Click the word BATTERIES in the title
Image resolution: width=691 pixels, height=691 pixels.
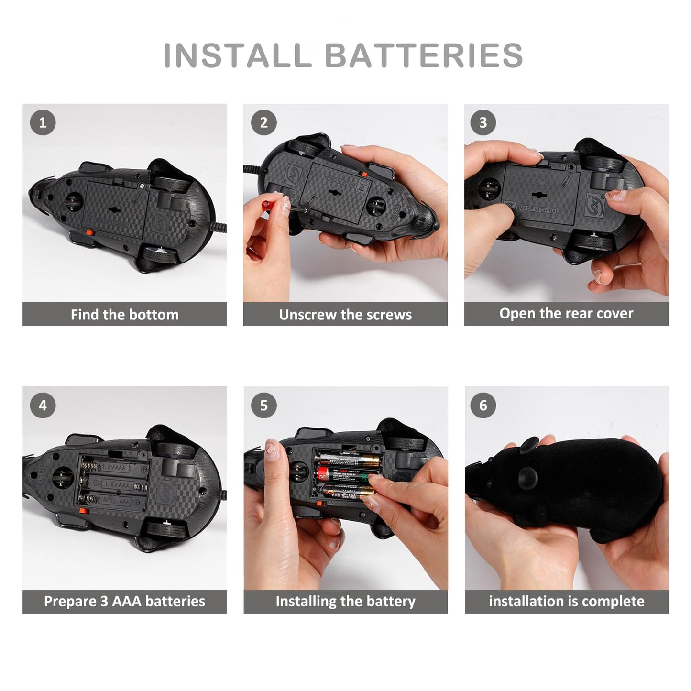424,55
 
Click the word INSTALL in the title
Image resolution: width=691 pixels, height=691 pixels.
238,55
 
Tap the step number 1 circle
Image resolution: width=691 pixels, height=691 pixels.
43,122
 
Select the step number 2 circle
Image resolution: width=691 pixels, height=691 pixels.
263,122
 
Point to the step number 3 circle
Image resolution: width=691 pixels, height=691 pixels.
483,122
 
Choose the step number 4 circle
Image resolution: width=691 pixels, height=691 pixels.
43,406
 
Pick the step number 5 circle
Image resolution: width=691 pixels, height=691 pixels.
263,406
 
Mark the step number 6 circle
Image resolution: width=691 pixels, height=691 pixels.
483,406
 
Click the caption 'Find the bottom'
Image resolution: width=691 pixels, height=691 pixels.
124,315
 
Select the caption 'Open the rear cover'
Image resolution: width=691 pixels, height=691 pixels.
566,314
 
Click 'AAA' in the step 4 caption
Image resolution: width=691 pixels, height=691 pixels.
127,601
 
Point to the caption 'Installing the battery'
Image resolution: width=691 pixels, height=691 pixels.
345,601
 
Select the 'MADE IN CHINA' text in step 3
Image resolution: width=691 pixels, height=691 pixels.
537,209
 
